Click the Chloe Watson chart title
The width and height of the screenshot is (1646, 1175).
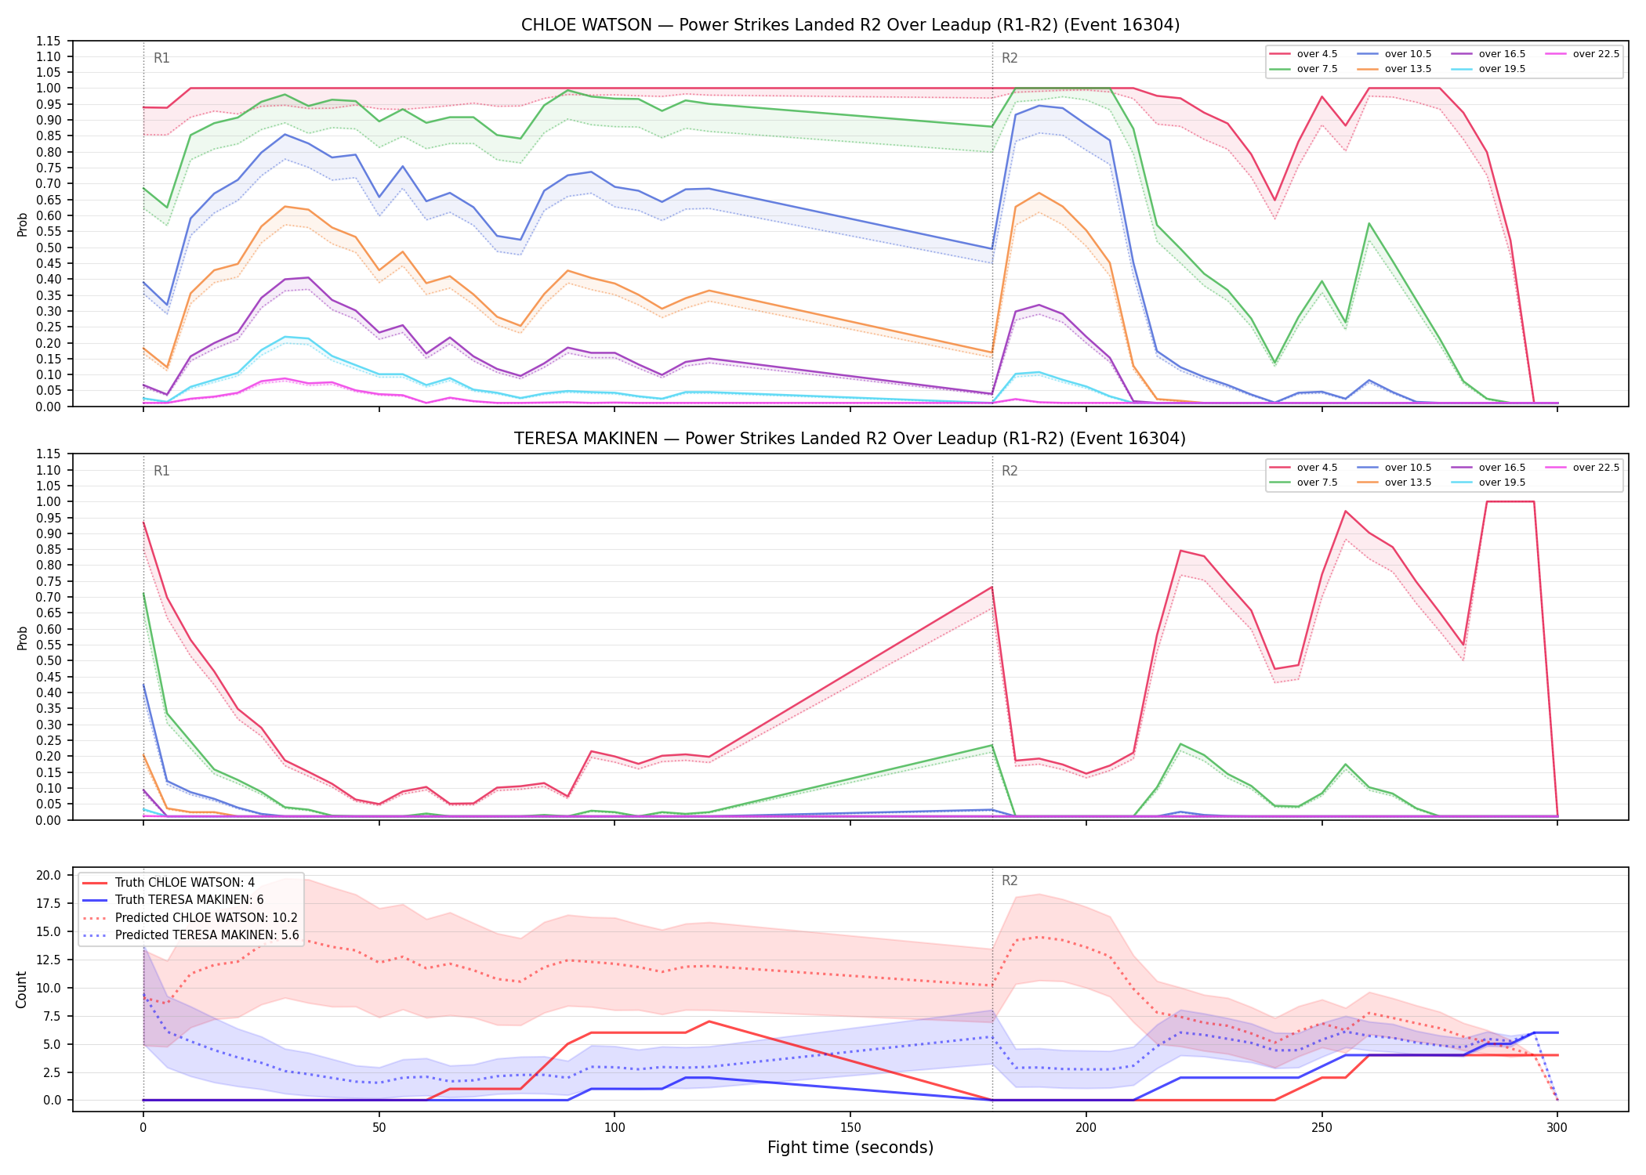[x=850, y=25]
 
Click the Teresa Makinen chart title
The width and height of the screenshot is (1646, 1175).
[x=850, y=439]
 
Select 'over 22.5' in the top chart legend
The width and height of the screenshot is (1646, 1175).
[x=1596, y=54]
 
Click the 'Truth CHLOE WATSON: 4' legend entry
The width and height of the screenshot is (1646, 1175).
[x=185, y=883]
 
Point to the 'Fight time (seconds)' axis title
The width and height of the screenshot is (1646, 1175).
[x=850, y=1148]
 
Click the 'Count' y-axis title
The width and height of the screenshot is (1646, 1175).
[x=21, y=990]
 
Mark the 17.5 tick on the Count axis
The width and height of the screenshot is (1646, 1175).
[x=50, y=904]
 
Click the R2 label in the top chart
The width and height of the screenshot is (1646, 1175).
[x=1010, y=58]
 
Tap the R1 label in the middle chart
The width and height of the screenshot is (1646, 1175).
[x=161, y=472]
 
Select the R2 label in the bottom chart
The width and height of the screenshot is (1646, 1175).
[x=1010, y=881]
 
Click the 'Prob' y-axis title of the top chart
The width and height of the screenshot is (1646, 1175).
[x=23, y=225]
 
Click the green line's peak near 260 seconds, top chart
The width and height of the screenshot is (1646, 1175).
[x=1369, y=224]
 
